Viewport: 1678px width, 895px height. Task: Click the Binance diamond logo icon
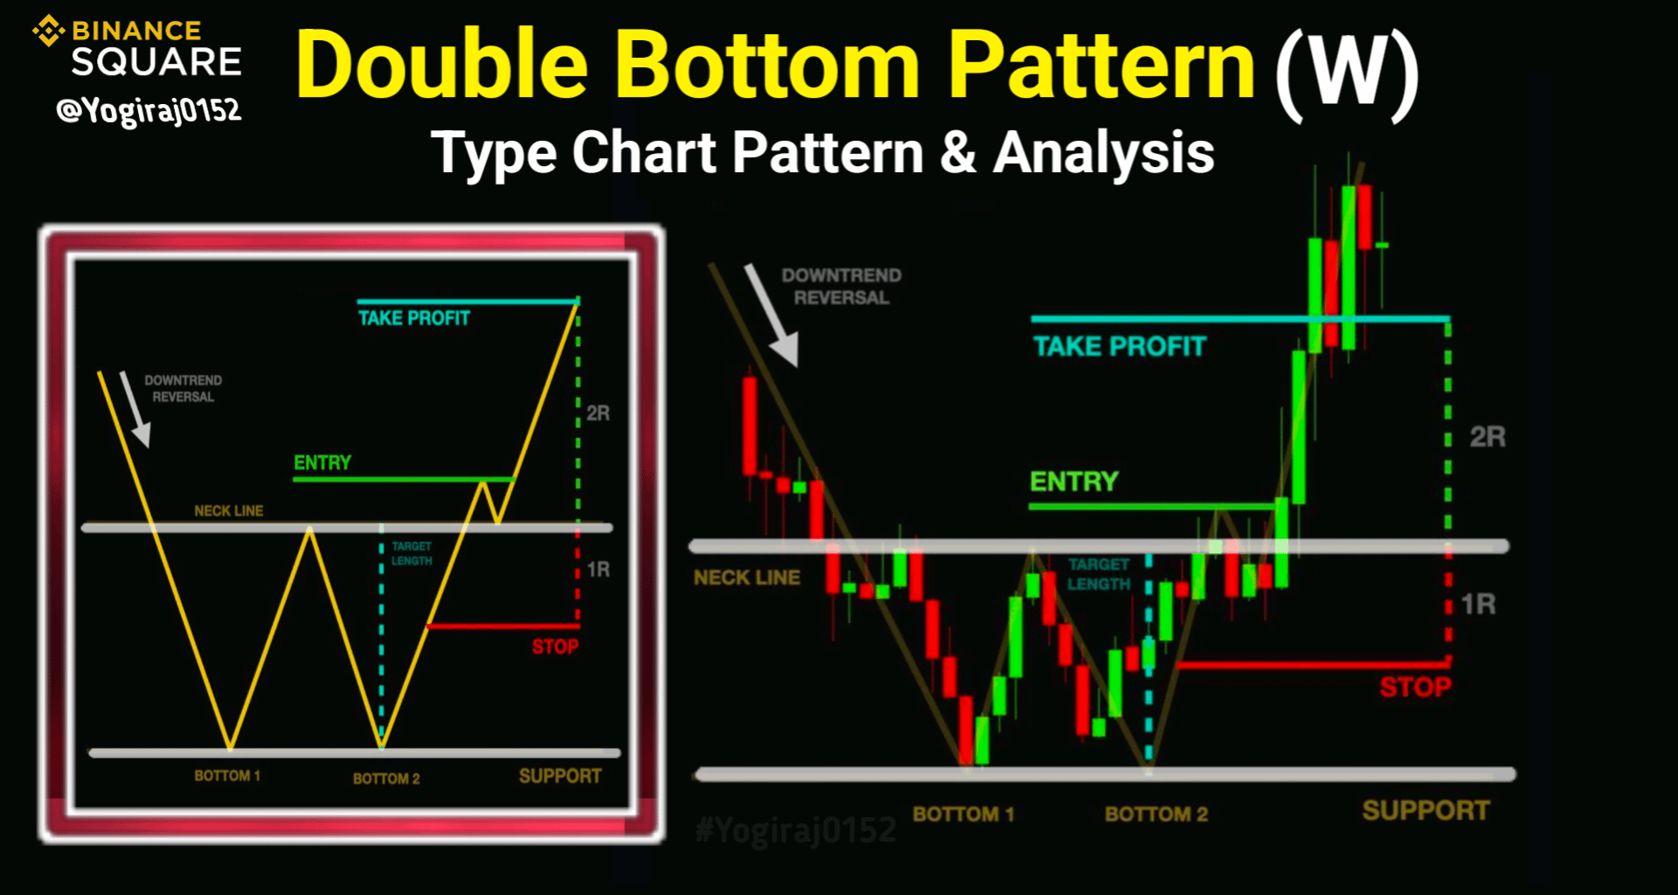[49, 31]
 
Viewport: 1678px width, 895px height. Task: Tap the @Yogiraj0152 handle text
[149, 111]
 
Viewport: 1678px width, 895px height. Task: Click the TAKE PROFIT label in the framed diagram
[414, 318]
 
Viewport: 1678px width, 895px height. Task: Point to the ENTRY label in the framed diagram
[322, 462]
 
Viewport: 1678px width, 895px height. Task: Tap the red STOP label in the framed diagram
[555, 647]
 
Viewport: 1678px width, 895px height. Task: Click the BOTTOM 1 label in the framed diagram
[227, 775]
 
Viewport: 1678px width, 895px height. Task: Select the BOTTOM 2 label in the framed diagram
[386, 778]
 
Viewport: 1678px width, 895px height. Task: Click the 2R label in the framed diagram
[598, 413]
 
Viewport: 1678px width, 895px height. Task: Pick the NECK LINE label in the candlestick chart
[747, 578]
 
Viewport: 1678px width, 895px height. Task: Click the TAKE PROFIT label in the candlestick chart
[1120, 347]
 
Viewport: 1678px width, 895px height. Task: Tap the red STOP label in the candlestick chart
[1416, 687]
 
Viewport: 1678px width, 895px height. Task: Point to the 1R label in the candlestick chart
[1478, 604]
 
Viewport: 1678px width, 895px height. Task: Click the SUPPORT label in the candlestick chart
[1426, 810]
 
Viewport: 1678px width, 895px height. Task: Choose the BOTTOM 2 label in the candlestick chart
[1156, 815]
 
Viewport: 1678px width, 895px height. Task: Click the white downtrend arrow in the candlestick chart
[772, 316]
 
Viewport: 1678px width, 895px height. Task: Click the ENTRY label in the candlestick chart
[1074, 482]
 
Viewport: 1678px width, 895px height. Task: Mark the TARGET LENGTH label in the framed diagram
[412, 553]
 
